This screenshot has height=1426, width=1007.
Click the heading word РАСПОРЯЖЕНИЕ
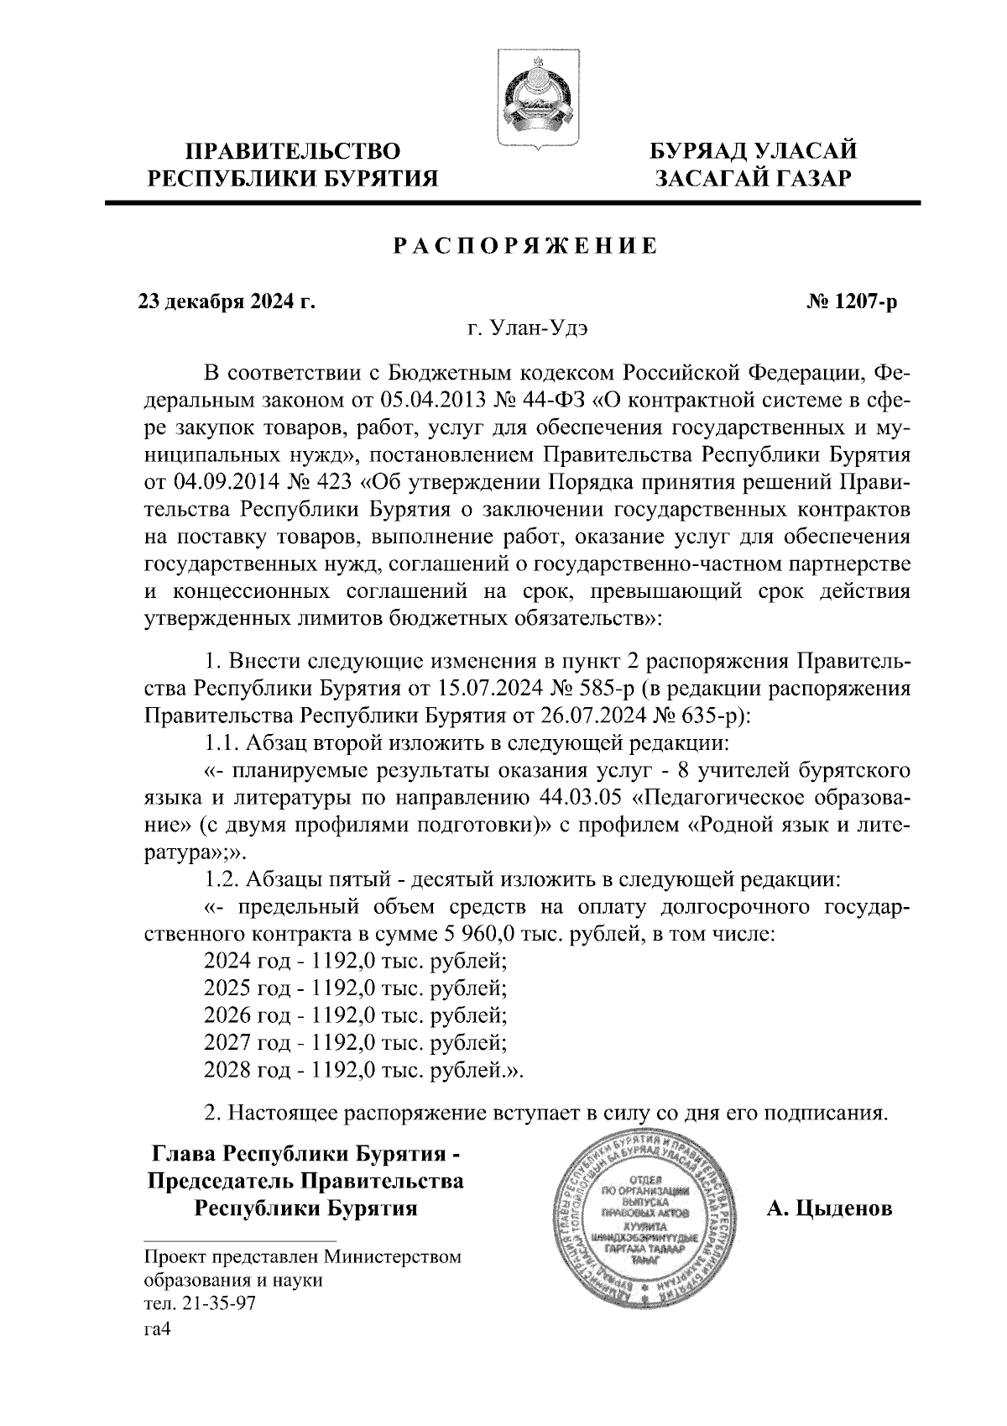coord(526,247)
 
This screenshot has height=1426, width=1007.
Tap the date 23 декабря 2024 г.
coord(227,301)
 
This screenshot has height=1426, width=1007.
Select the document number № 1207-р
coord(848,301)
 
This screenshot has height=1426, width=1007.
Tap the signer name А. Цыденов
coord(829,1209)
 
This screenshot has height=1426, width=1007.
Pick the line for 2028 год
coord(363,1070)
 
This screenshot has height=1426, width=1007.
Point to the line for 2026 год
coord(355,1015)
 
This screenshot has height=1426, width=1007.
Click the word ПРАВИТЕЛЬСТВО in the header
coord(293,152)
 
